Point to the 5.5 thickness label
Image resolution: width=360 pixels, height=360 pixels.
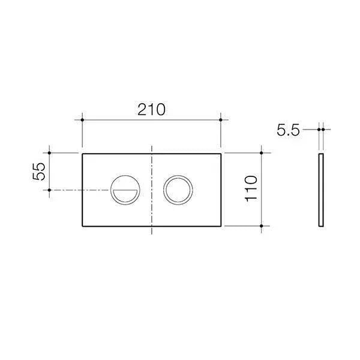click(288, 130)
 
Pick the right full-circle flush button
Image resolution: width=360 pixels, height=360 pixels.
click(178, 190)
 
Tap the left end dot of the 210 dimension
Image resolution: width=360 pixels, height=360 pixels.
click(82, 120)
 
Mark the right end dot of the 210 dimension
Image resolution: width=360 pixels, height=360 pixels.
click(221, 120)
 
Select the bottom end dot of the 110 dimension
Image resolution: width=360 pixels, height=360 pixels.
click(262, 226)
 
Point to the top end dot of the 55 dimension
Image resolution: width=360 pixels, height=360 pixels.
click(50, 154)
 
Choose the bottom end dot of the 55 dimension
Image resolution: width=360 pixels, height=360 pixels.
click(50, 190)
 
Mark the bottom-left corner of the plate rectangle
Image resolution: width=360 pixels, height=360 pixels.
click(82, 226)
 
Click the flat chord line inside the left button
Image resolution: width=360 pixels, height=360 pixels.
click(125, 188)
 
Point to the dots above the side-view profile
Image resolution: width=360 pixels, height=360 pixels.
click(322, 128)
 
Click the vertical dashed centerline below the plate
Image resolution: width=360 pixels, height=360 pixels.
click(153, 232)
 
